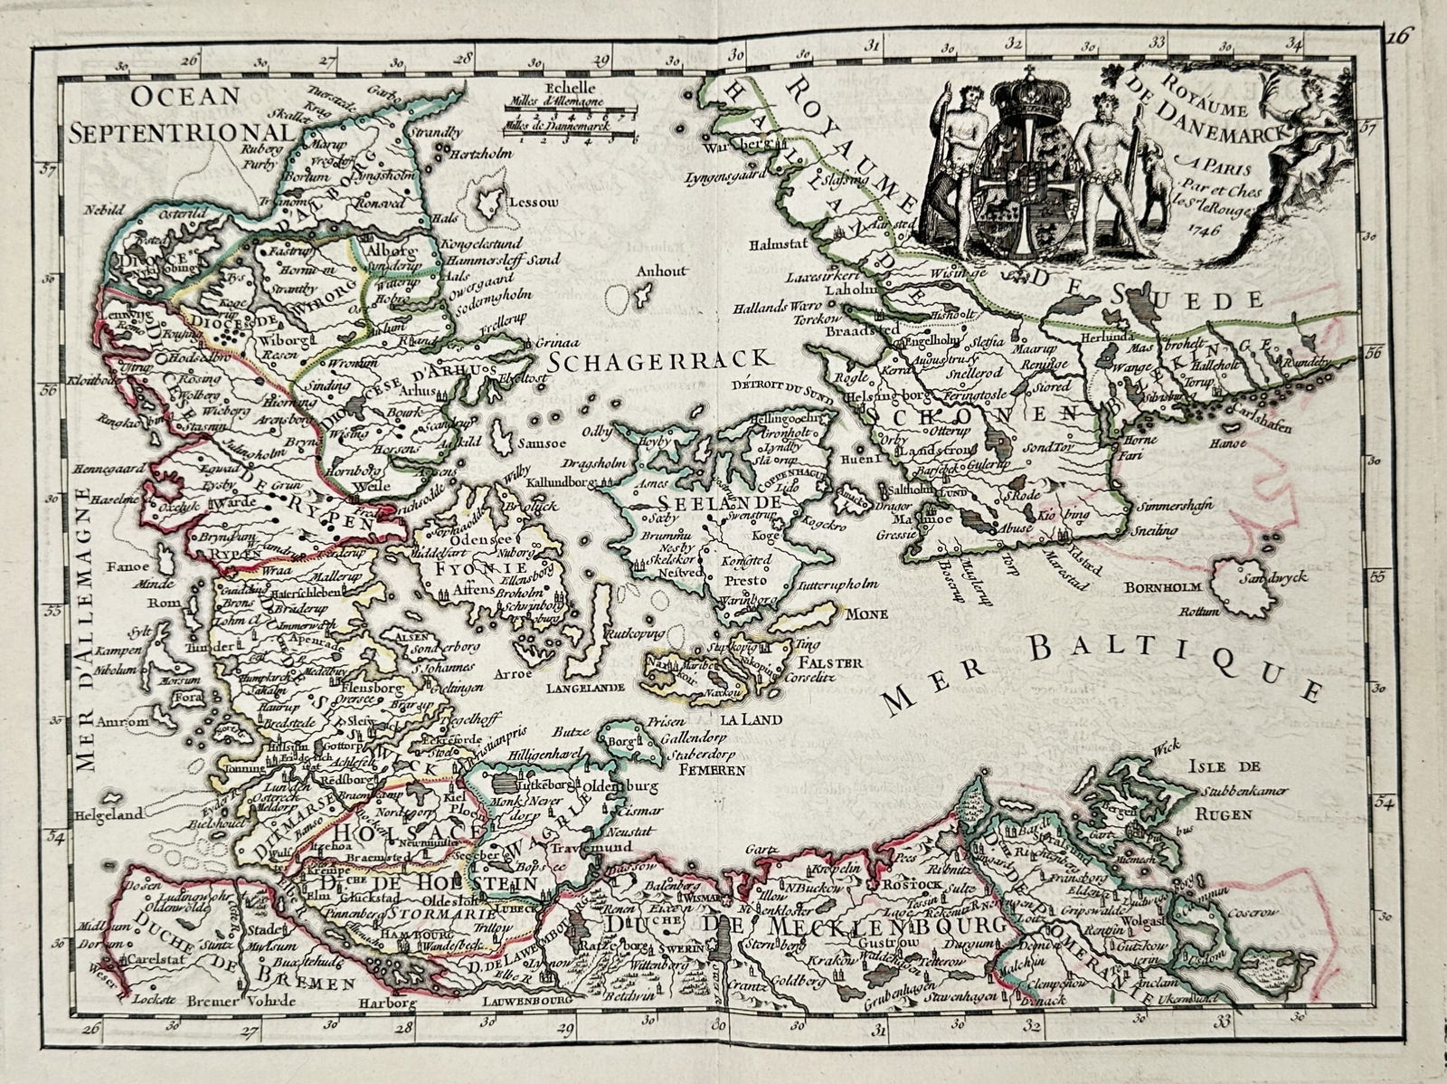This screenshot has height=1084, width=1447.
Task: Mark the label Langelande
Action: point(585,688)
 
